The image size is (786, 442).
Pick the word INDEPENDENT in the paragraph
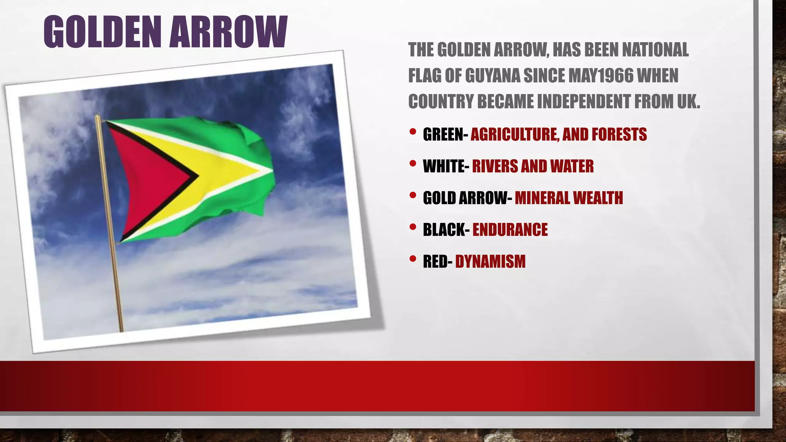pyautogui.click(x=584, y=101)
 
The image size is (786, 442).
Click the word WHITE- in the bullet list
pyautogui.click(x=446, y=166)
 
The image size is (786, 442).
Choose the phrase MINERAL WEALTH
pyautogui.click(x=569, y=198)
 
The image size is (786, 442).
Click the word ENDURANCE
pyautogui.click(x=510, y=230)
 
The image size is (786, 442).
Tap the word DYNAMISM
pyautogui.click(x=490, y=262)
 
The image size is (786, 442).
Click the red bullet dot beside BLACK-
pyautogui.click(x=413, y=227)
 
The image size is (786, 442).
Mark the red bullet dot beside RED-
pyautogui.click(x=413, y=259)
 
